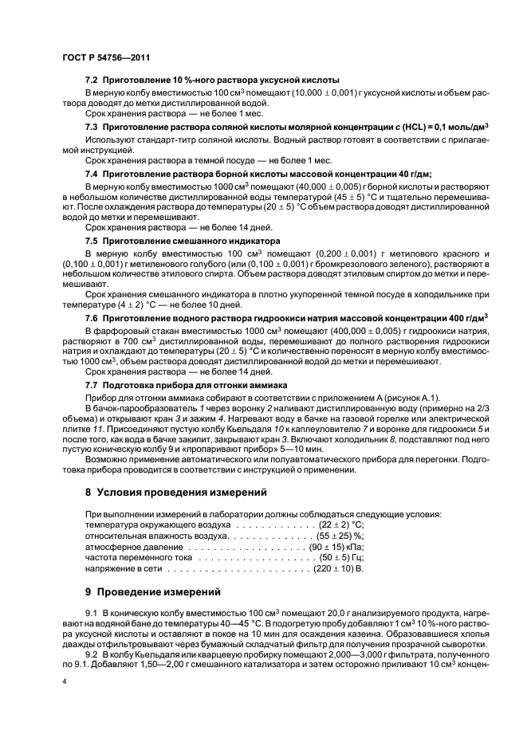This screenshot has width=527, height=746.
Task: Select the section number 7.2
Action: click(x=92, y=80)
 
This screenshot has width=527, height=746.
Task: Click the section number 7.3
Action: click(x=92, y=127)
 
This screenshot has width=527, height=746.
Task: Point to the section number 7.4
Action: click(x=92, y=173)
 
